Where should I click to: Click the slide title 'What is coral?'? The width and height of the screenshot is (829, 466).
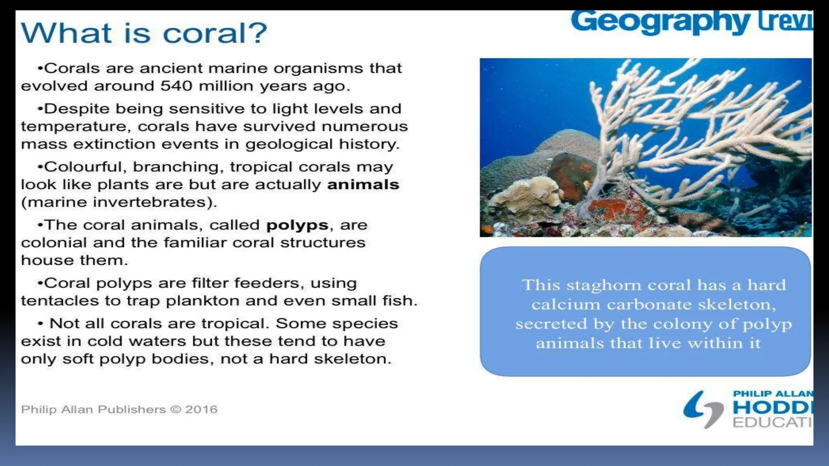[x=144, y=33]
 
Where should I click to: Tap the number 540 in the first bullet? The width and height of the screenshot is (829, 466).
[x=176, y=86]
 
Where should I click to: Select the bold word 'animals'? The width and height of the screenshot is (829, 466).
[x=363, y=185]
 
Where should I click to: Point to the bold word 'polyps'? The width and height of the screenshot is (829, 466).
[x=297, y=225]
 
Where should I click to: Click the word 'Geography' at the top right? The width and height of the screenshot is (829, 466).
[x=660, y=22]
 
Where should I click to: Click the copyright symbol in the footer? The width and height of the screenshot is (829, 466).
[x=176, y=409]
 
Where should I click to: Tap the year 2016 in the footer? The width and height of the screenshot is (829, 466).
[x=201, y=409]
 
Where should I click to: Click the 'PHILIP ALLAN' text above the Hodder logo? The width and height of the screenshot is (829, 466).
[x=772, y=394]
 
